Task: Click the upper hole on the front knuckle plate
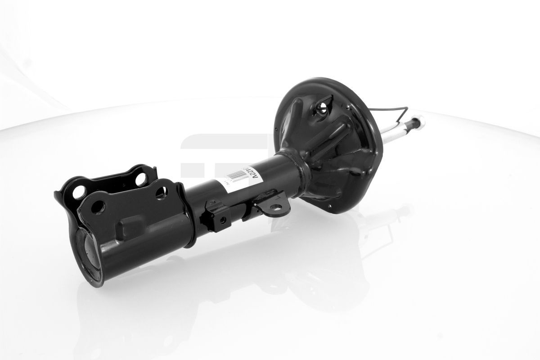click(161, 194)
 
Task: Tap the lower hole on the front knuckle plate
click(96, 208)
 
